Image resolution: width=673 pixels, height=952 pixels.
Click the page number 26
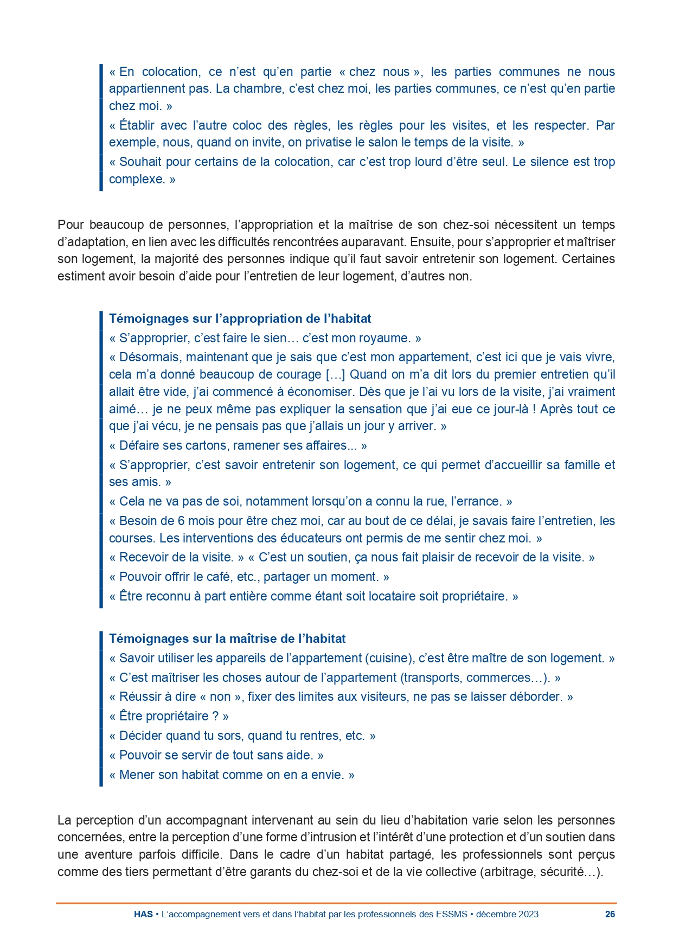[x=610, y=914]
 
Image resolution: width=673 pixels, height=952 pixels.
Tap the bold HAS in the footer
[x=143, y=914]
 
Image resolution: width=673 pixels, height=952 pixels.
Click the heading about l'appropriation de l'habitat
[x=240, y=318]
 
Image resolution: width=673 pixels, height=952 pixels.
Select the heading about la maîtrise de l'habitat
[x=227, y=638]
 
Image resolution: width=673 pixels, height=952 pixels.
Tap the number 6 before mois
[x=181, y=521]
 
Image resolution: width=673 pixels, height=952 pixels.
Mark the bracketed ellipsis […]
[x=335, y=374]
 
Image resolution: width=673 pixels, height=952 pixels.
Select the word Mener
[x=137, y=775]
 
